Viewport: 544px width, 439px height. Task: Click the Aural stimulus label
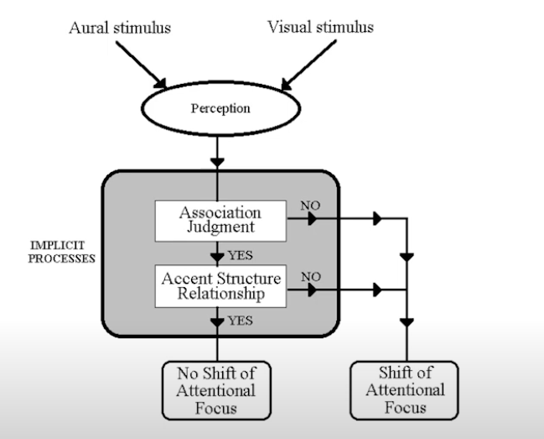tap(121, 28)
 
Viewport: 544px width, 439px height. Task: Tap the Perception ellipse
tap(220, 109)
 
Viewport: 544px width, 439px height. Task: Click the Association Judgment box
tap(220, 219)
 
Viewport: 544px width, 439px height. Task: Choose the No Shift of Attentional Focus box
tap(217, 389)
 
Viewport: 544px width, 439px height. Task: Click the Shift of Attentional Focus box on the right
tap(406, 389)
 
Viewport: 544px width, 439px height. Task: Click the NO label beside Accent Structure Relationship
tap(309, 274)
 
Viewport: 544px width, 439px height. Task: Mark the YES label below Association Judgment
tap(240, 255)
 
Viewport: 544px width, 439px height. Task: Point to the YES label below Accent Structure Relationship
tap(240, 321)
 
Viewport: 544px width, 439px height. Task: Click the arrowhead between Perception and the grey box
tap(218, 159)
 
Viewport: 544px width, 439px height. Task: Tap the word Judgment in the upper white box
tap(220, 227)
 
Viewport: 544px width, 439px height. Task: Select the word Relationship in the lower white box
tap(220, 293)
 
